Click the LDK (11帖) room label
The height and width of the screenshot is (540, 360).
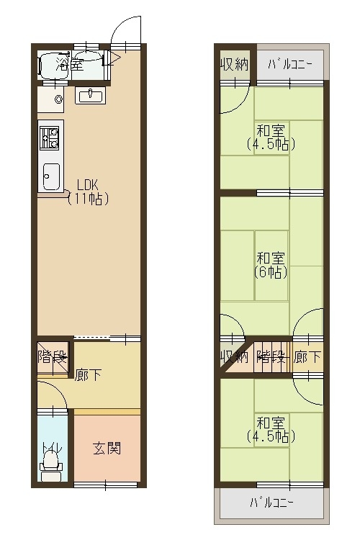tap(88, 192)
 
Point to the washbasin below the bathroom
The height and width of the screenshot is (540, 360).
tap(91, 95)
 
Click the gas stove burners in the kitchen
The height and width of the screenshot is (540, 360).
tap(49, 137)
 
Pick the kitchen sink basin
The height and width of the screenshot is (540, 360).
tap(51, 175)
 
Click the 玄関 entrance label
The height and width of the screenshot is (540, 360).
tap(106, 449)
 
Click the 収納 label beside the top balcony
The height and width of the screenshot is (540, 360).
tap(235, 64)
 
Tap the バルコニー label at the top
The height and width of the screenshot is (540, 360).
tap(289, 64)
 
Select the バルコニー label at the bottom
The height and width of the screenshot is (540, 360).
tap(271, 502)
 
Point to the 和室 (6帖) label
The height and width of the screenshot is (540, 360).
tap(271, 265)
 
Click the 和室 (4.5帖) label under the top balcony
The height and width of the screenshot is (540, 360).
tap(271, 138)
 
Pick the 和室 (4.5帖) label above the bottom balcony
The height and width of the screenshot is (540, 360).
tap(271, 430)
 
